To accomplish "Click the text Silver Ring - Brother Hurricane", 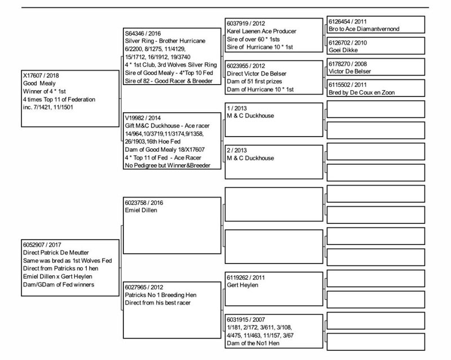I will point(165,42).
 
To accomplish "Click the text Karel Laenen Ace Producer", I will point(261,32).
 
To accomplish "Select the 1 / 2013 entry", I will point(237,108).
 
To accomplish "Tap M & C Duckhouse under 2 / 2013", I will point(250,158).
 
